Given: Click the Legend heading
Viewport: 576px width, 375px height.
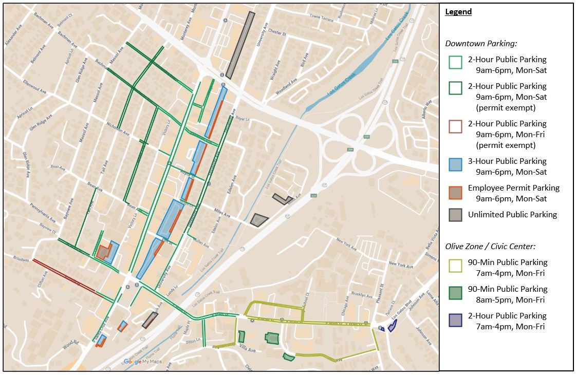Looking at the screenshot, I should [458, 12].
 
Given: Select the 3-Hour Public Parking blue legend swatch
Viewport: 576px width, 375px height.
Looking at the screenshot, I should [455, 164].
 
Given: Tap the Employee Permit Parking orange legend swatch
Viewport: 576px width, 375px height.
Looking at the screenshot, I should [455, 192].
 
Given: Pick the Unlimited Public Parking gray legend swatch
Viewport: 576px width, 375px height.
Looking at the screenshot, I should [455, 215].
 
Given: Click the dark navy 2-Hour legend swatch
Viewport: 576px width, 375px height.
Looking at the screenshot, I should [455, 320].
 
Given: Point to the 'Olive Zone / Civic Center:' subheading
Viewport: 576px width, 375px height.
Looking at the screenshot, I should [490, 246].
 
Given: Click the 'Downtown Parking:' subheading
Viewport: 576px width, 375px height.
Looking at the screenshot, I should [481, 44].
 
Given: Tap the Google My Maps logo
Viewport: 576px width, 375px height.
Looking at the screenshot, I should [142, 362].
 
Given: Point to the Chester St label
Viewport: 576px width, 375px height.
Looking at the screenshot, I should [276, 32].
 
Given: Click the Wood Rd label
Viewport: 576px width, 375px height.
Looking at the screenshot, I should [70, 344].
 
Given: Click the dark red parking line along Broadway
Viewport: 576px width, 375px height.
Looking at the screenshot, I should [64, 277].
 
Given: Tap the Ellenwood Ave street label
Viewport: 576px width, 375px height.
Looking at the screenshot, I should [34, 89].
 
